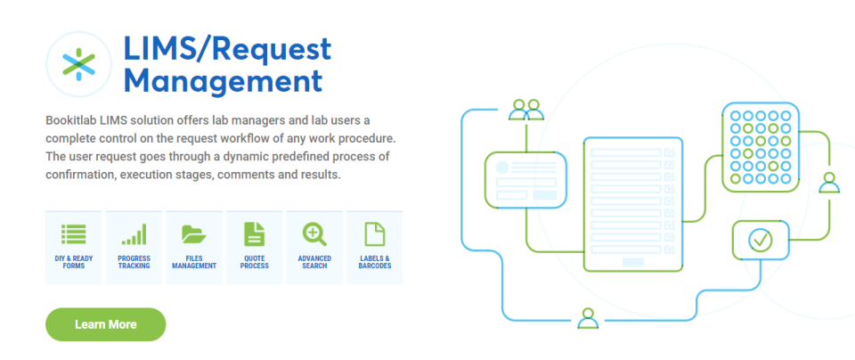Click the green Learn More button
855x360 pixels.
tap(105, 324)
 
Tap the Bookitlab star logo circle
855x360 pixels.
tap(78, 64)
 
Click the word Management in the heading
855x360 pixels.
tap(223, 82)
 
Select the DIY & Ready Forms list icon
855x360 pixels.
tap(74, 234)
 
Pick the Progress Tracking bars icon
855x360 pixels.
tap(134, 234)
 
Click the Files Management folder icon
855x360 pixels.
tap(194, 234)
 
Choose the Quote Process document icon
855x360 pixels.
tap(255, 234)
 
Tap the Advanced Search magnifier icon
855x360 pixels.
tap(314, 234)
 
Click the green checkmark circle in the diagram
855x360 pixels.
tap(760, 239)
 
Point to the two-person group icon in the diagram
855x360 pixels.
tap(525, 110)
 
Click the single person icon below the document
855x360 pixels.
tap(587, 318)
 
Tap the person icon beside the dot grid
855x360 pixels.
tap(829, 183)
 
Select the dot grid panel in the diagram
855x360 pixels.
tap(759, 148)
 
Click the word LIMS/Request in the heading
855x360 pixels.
tap(228, 49)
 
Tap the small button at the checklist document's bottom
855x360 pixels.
tap(633, 262)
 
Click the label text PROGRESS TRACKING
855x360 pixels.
tap(134, 262)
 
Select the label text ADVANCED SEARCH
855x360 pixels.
tap(314, 262)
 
